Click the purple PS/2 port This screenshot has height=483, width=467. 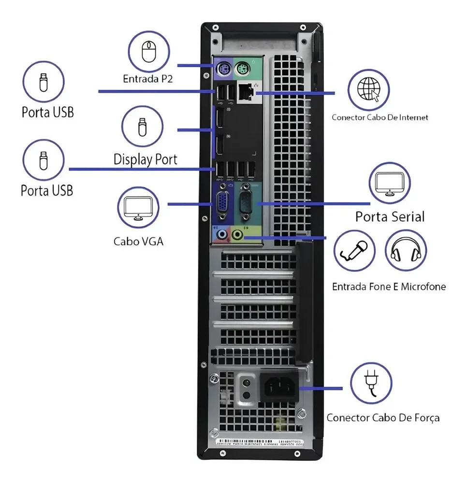tap(223, 69)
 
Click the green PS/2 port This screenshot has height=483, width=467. tap(242, 69)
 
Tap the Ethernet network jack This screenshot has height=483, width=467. tap(246, 92)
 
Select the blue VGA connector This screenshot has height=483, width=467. tap(223, 202)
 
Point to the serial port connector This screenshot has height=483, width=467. tap(246, 202)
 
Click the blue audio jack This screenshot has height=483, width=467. tap(221, 235)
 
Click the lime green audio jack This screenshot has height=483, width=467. tap(237, 235)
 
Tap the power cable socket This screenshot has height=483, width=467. tap(279, 387)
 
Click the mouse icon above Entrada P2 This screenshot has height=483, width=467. tap(149, 52)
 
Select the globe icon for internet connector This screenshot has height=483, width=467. tap(369, 89)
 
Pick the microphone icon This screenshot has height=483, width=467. tap(354, 250)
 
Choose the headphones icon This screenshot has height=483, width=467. tap(406, 250)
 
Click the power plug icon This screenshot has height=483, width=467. tap(371, 383)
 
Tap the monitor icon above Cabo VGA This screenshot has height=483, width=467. tap(138, 208)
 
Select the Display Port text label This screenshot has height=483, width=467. tap(145, 159)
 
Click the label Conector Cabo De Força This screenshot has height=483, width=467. tap(383, 418)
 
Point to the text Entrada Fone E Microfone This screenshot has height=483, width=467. tap(389, 287)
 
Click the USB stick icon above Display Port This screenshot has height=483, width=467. tap(142, 127)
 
